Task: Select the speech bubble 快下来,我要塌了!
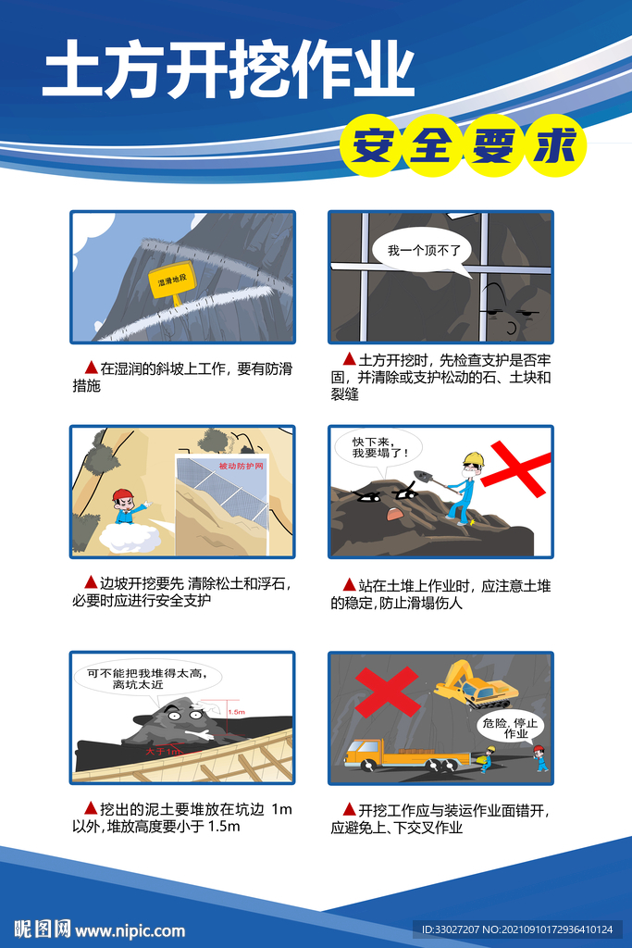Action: pyautogui.click(x=374, y=448)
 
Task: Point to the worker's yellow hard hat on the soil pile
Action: pyautogui.click(x=474, y=459)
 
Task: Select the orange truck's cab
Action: pyautogui.click(x=364, y=752)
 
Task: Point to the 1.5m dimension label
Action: pyautogui.click(x=236, y=712)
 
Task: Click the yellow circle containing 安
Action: pyautogui.click(x=371, y=147)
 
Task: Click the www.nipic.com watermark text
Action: pyautogui.click(x=130, y=930)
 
